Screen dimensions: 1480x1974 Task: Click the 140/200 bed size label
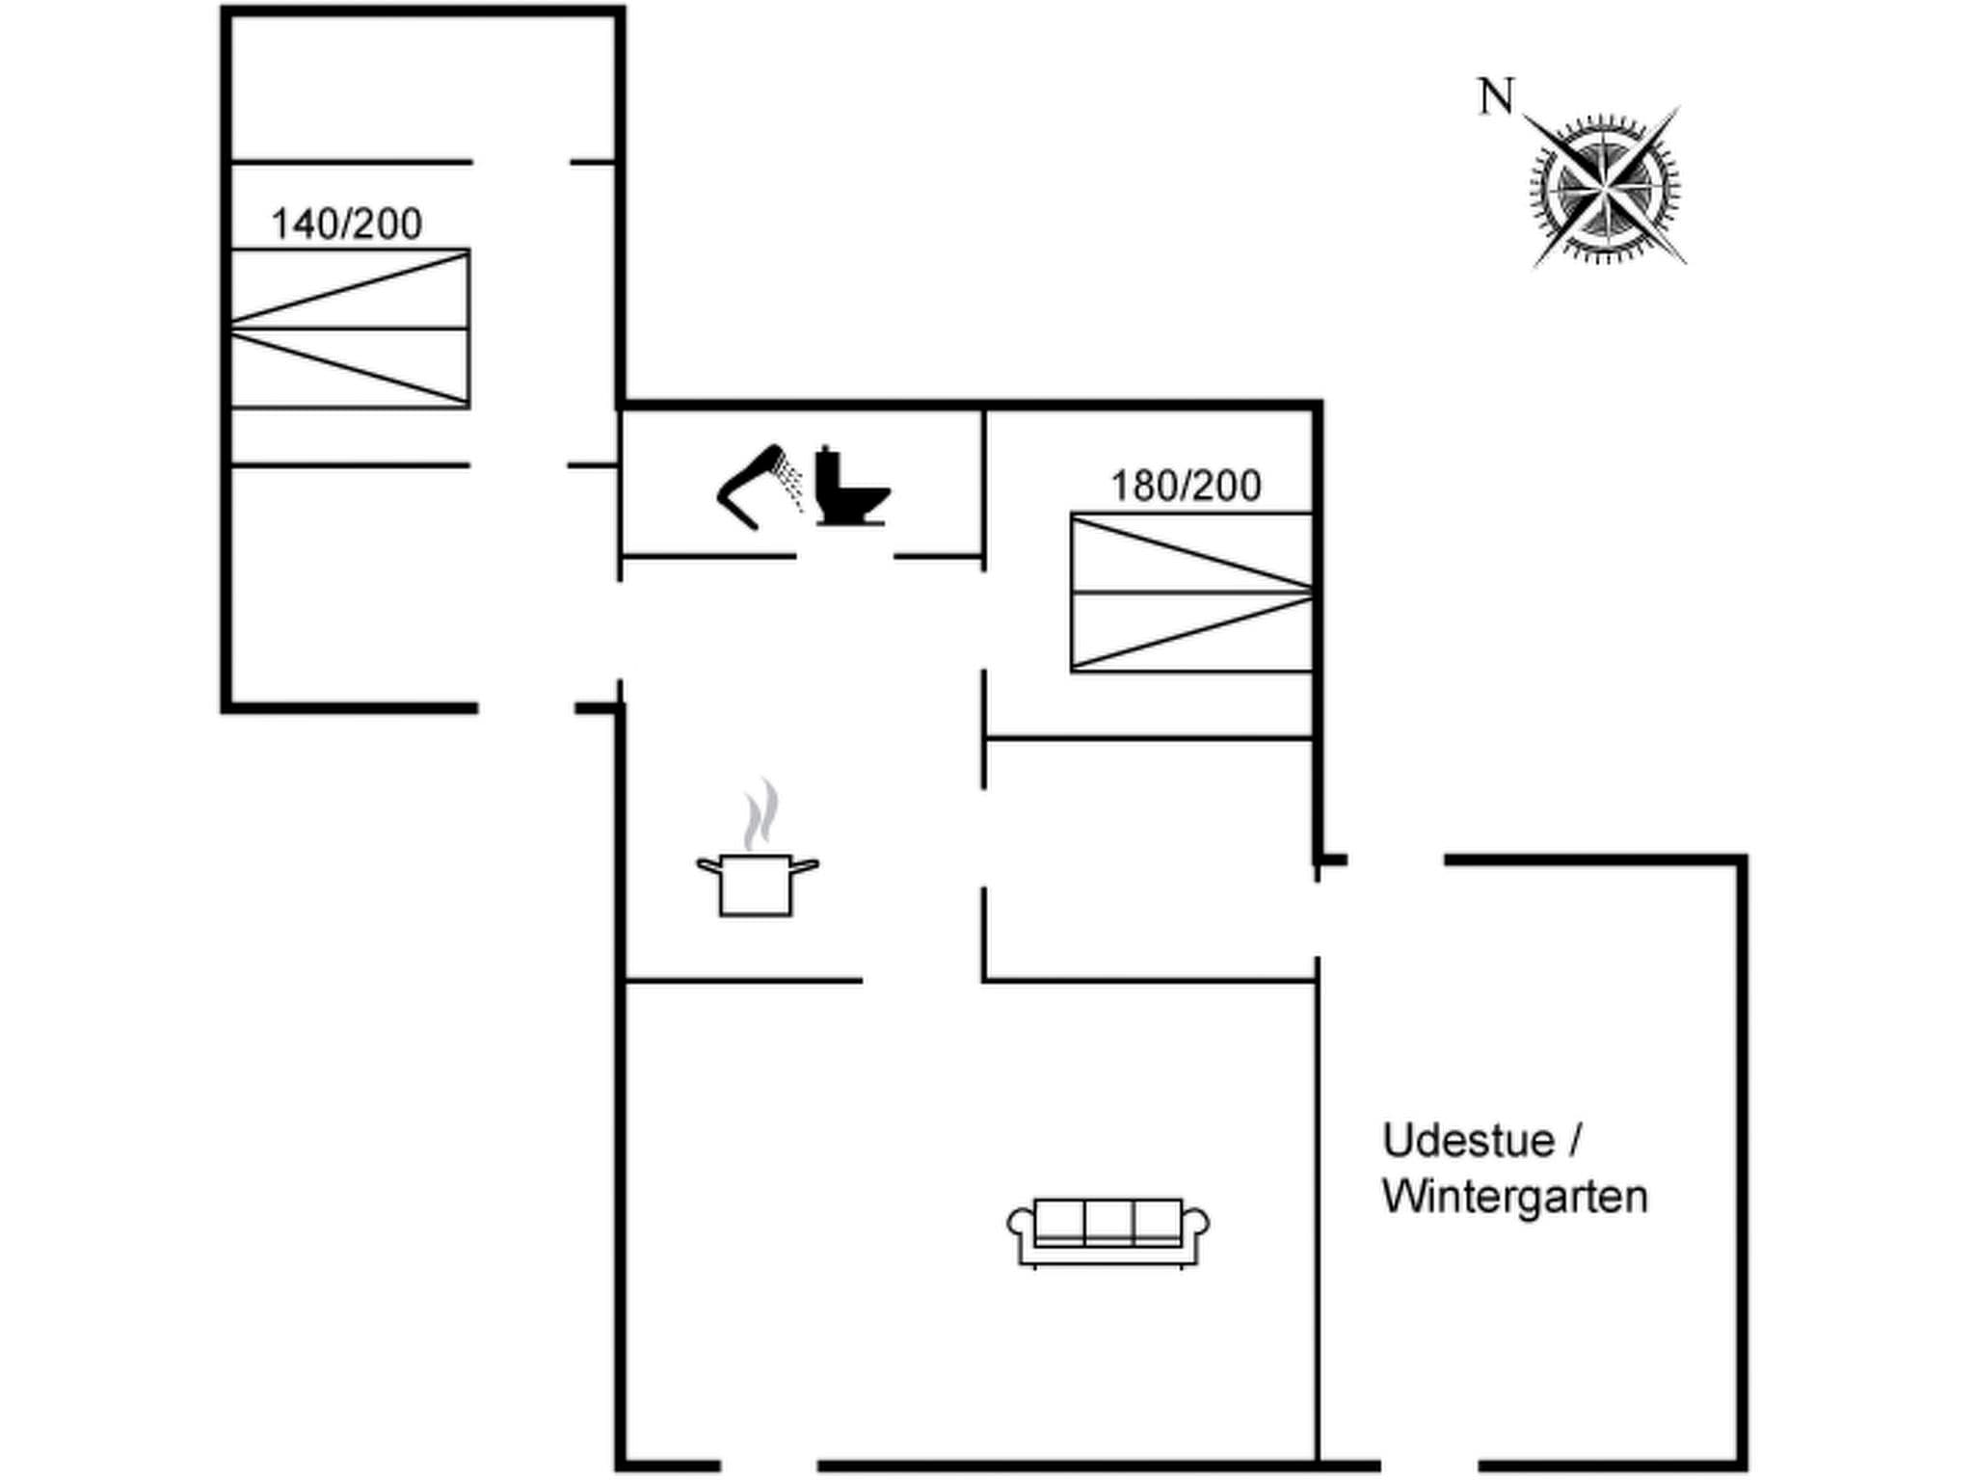pos(346,224)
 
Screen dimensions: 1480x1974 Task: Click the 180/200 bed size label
pos(1186,486)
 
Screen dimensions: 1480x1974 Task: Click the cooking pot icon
pos(757,884)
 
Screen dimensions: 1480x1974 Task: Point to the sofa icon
pos(1108,1232)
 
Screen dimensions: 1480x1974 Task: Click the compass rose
pos(1605,187)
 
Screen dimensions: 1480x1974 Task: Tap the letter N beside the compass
pos(1496,97)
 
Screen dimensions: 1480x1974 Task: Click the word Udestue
pos(1469,1141)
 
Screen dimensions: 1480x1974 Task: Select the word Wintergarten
pos(1515,1197)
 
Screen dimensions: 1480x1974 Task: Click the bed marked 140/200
pos(350,329)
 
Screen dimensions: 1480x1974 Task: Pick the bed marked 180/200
pos(1192,593)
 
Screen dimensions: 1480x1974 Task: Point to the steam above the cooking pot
pos(760,814)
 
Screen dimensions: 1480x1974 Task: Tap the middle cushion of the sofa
pos(1108,1222)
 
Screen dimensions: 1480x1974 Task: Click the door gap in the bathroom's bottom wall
pos(844,556)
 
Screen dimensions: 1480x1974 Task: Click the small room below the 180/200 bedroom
pos(1149,858)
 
